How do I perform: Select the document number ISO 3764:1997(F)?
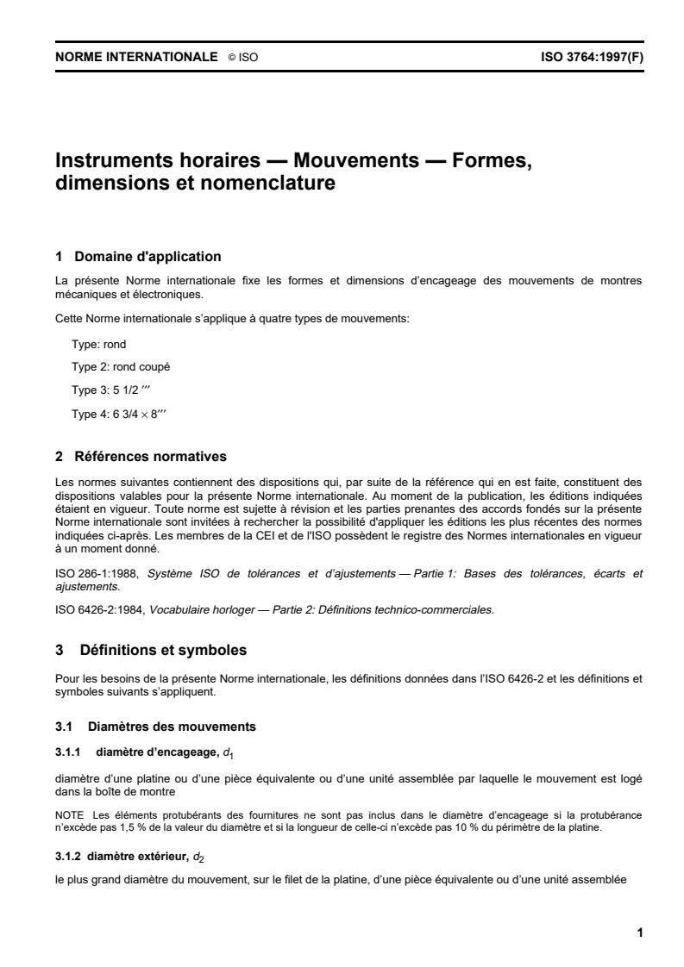592,58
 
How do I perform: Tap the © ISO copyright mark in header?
243,59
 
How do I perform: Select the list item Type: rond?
98,344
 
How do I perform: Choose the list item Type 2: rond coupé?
120,366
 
